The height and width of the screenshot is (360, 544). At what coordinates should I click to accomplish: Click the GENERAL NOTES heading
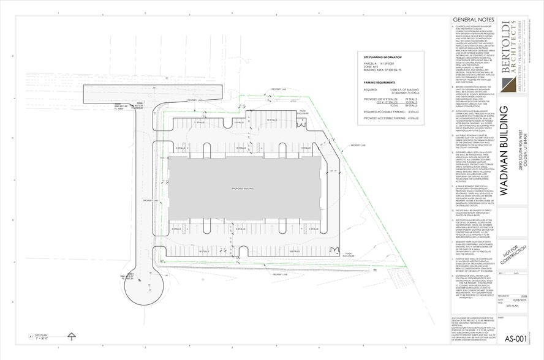tap(469, 20)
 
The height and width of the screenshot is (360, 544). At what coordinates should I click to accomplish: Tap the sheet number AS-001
tap(515, 339)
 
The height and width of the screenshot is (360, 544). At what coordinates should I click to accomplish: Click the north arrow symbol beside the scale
tap(72, 336)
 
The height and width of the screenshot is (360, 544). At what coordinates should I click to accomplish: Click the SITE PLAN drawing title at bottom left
tap(42, 335)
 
